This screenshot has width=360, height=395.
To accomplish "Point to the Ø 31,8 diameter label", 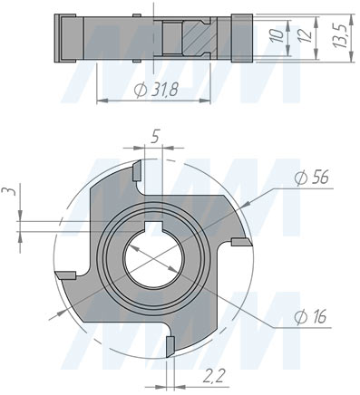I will click(x=154, y=92).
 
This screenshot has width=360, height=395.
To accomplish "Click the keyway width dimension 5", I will click(x=157, y=138).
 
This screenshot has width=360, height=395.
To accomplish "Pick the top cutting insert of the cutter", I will click(x=136, y=169).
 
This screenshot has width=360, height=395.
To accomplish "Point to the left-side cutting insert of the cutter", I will click(x=65, y=274).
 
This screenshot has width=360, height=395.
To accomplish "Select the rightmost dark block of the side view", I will click(x=241, y=39).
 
